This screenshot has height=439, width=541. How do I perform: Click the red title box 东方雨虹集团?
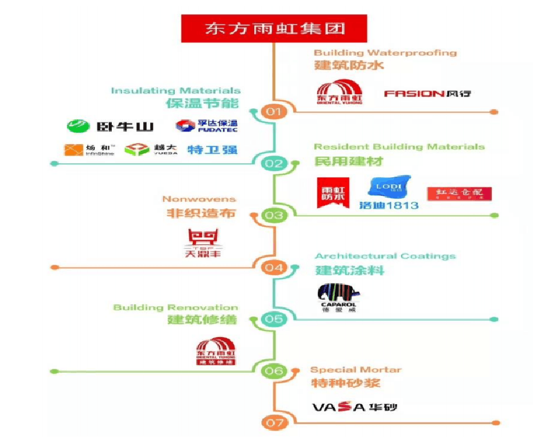click(x=275, y=28)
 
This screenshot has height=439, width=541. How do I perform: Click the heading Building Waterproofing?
click(x=385, y=53)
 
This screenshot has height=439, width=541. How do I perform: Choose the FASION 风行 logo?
click(x=427, y=94)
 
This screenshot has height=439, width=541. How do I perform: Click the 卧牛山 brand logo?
click(x=110, y=126)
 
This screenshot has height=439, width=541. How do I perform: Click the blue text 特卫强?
click(x=204, y=150)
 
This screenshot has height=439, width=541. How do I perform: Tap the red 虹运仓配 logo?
click(x=459, y=193)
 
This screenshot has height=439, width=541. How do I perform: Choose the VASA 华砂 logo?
click(x=354, y=407)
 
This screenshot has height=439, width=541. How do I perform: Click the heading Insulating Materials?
click(x=176, y=91)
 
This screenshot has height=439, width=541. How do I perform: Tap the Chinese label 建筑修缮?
click(x=201, y=319)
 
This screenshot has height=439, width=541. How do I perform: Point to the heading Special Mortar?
click(x=355, y=370)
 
